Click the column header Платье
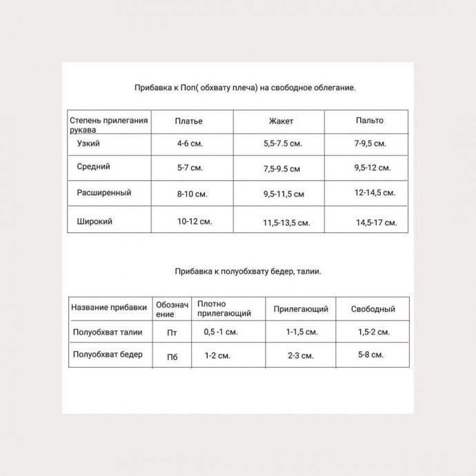[189, 121]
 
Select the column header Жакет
[281, 121]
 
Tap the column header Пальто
[370, 121]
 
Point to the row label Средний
[95, 166]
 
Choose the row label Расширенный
[103, 192]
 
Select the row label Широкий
[96, 221]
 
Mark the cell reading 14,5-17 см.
[377, 223]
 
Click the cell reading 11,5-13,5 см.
[286, 223]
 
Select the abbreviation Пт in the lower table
[172, 333]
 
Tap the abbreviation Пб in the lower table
[172, 357]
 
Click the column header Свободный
[373, 309]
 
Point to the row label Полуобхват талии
[107, 332]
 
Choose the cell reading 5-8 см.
[370, 355]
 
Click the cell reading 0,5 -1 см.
[221, 332]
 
